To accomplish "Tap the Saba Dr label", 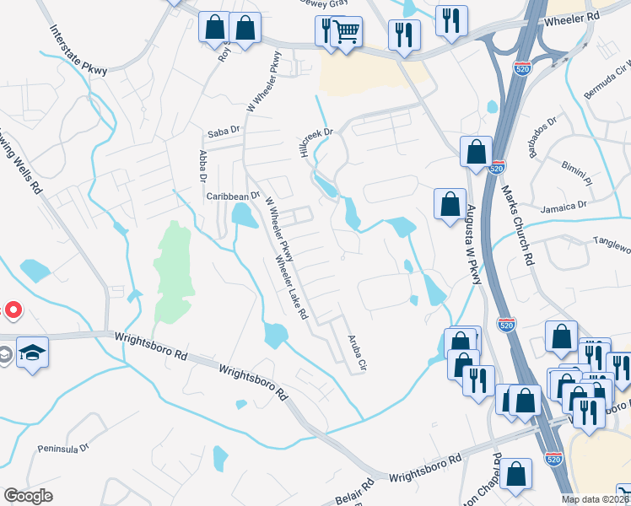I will click(224, 134).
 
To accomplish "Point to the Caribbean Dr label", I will click(233, 196).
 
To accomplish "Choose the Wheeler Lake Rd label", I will click(289, 289).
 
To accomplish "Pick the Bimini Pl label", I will click(579, 174).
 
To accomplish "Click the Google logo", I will click(28, 495).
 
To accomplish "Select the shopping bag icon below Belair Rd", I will click(516, 474).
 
